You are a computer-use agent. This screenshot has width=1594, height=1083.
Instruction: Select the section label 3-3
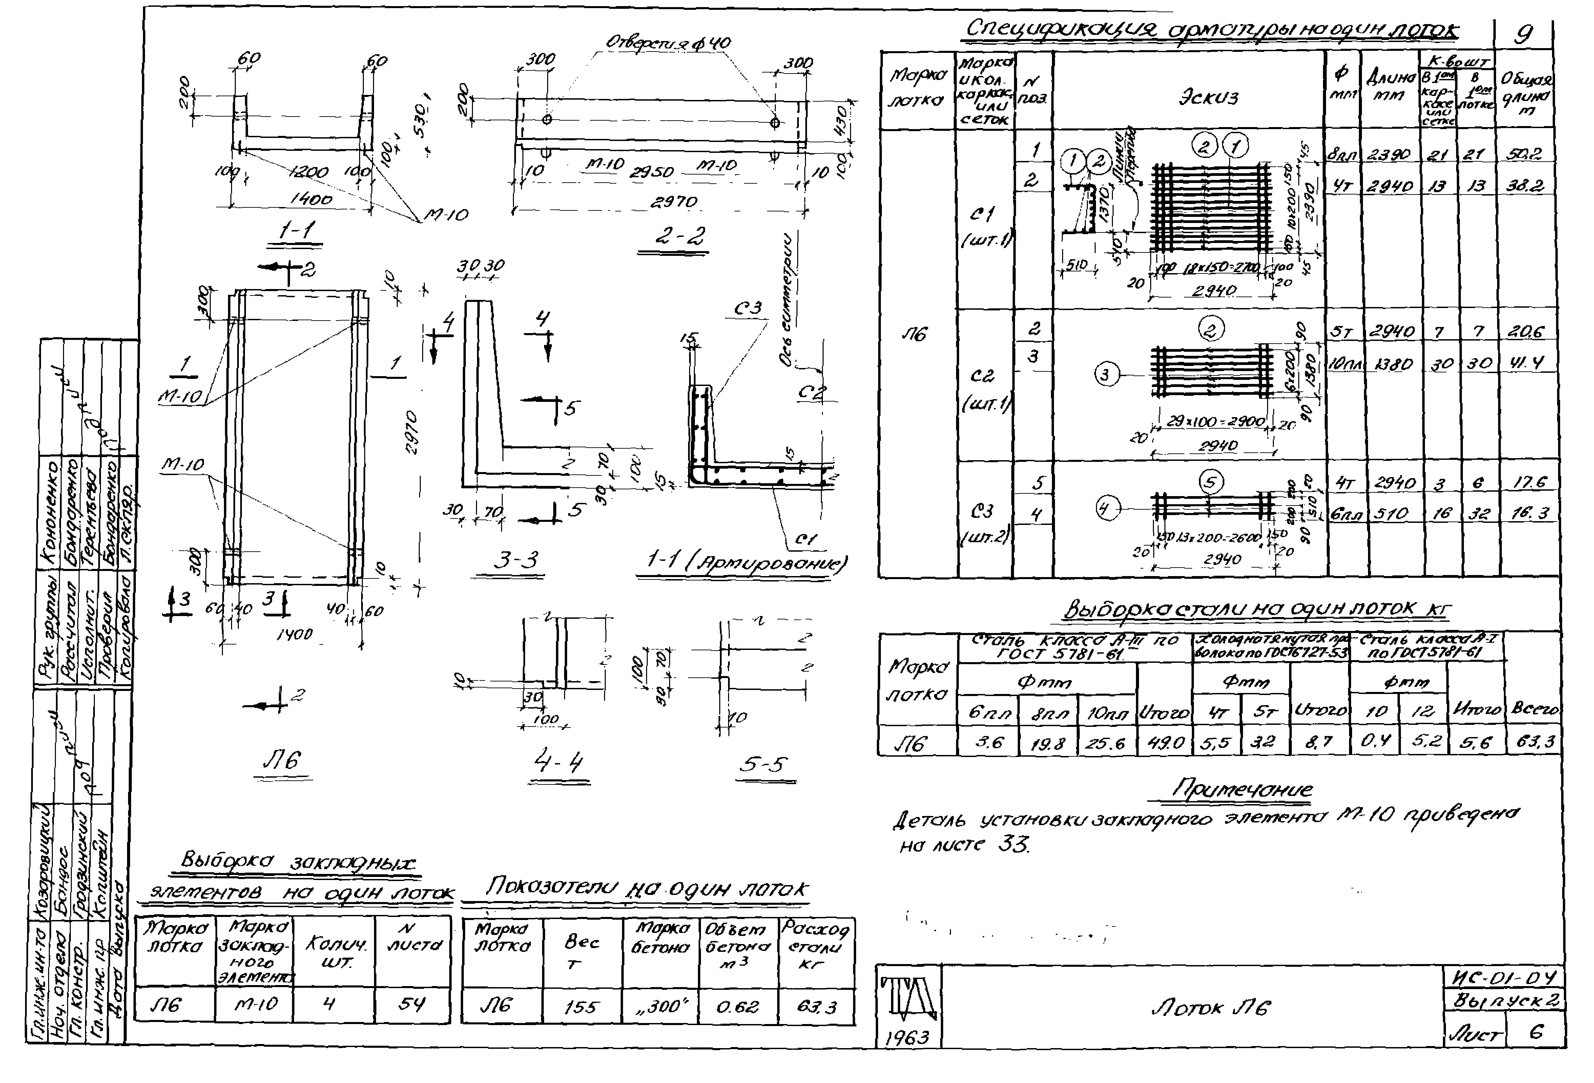pyautogui.click(x=516, y=560)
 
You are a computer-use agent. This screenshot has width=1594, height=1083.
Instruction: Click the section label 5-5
pyautogui.click(x=763, y=763)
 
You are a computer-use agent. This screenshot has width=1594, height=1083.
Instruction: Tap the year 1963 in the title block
pyautogui.click(x=907, y=1037)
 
